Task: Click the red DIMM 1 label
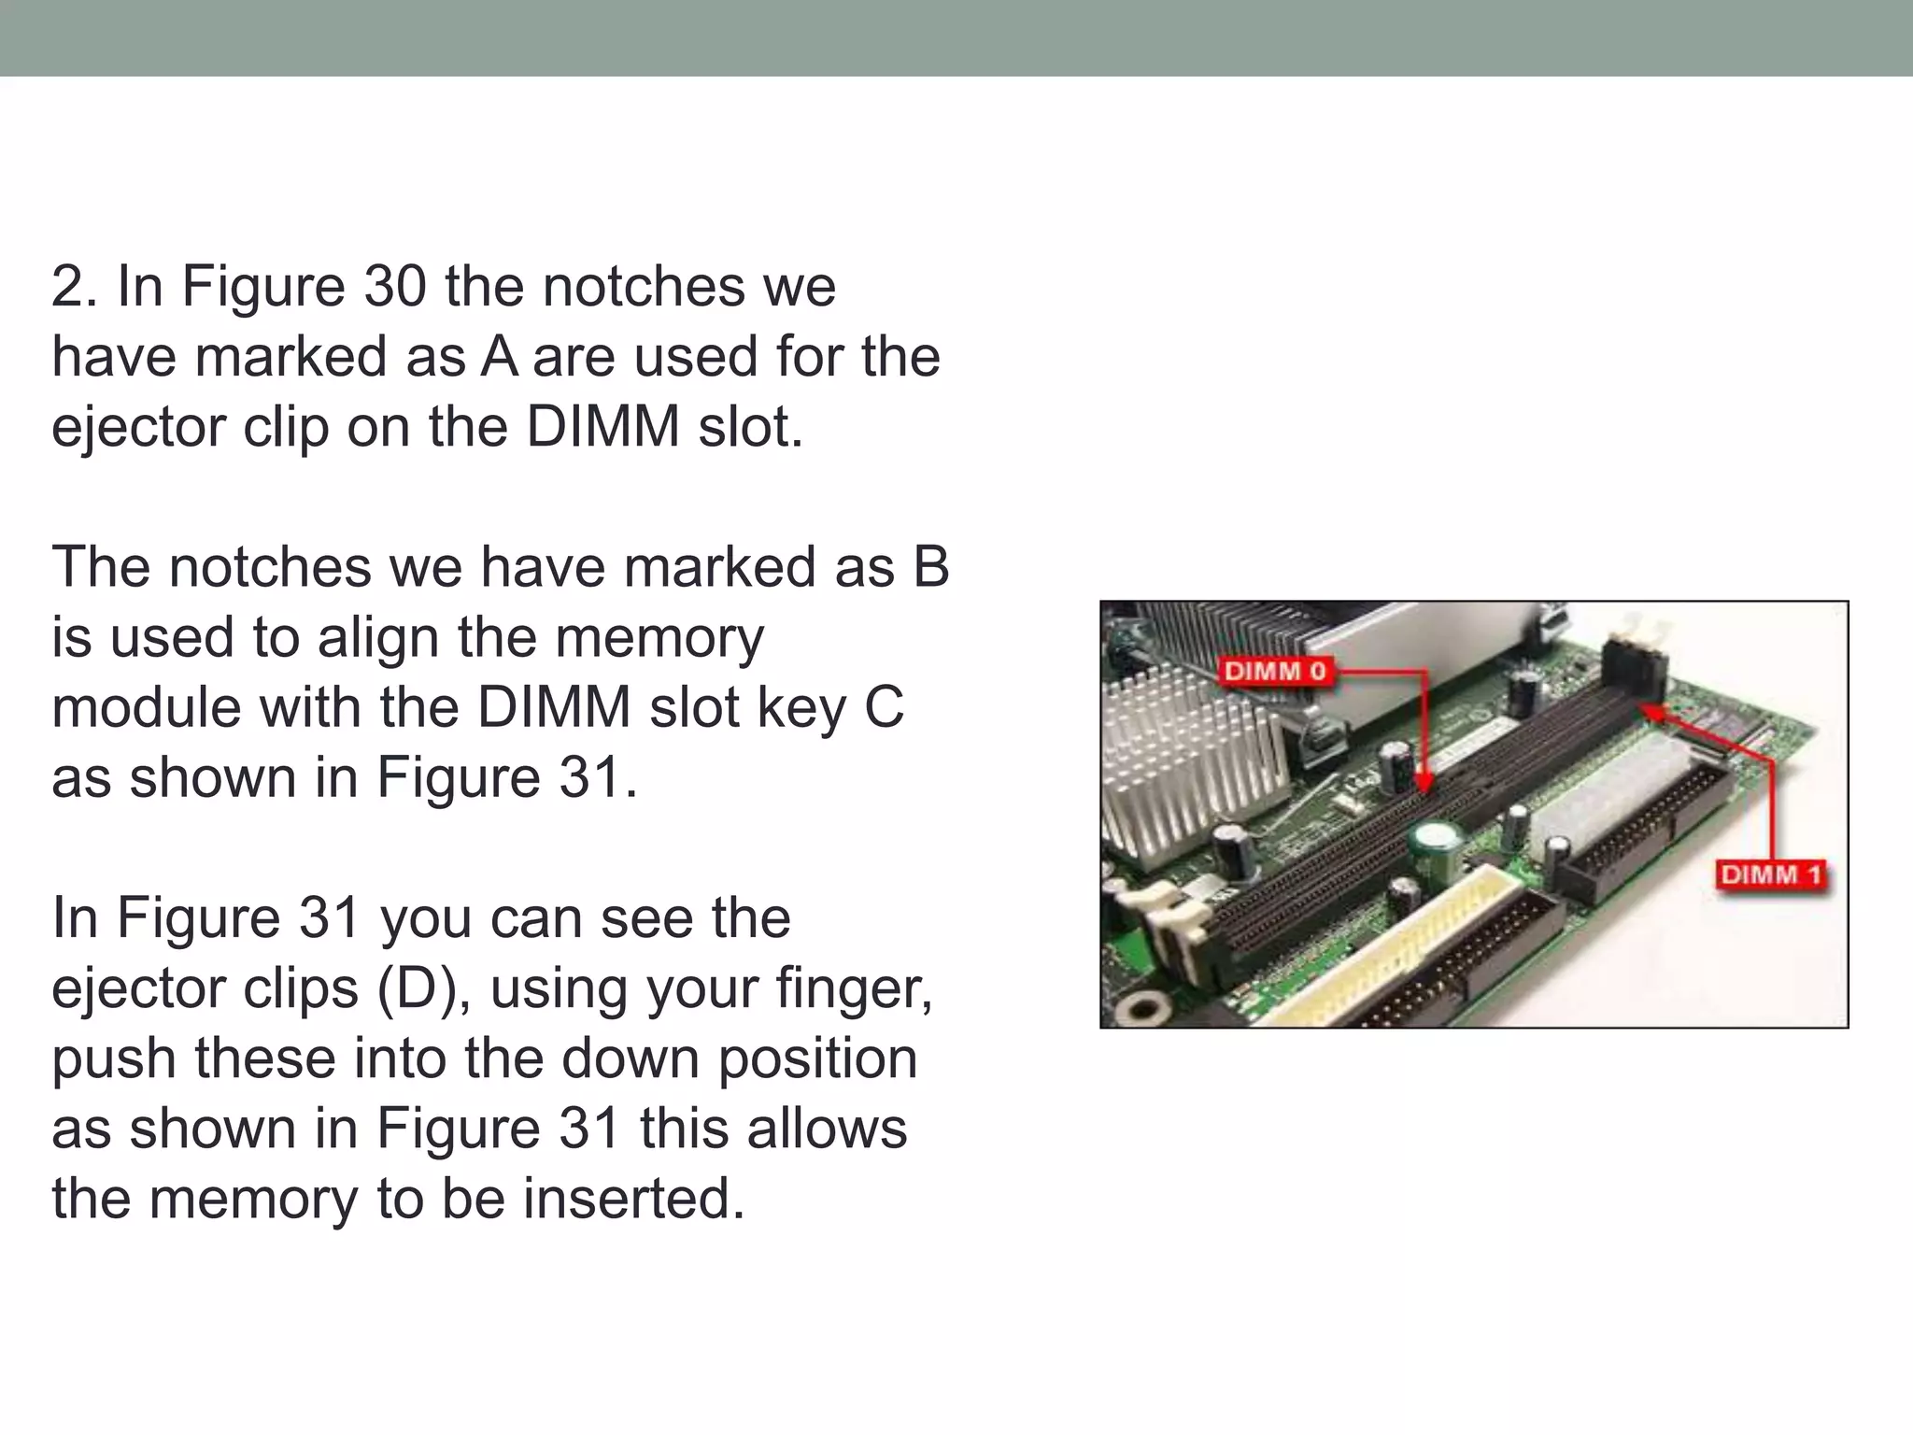1771,874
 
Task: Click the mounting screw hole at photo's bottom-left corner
1141,1007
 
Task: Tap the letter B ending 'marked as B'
930,567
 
